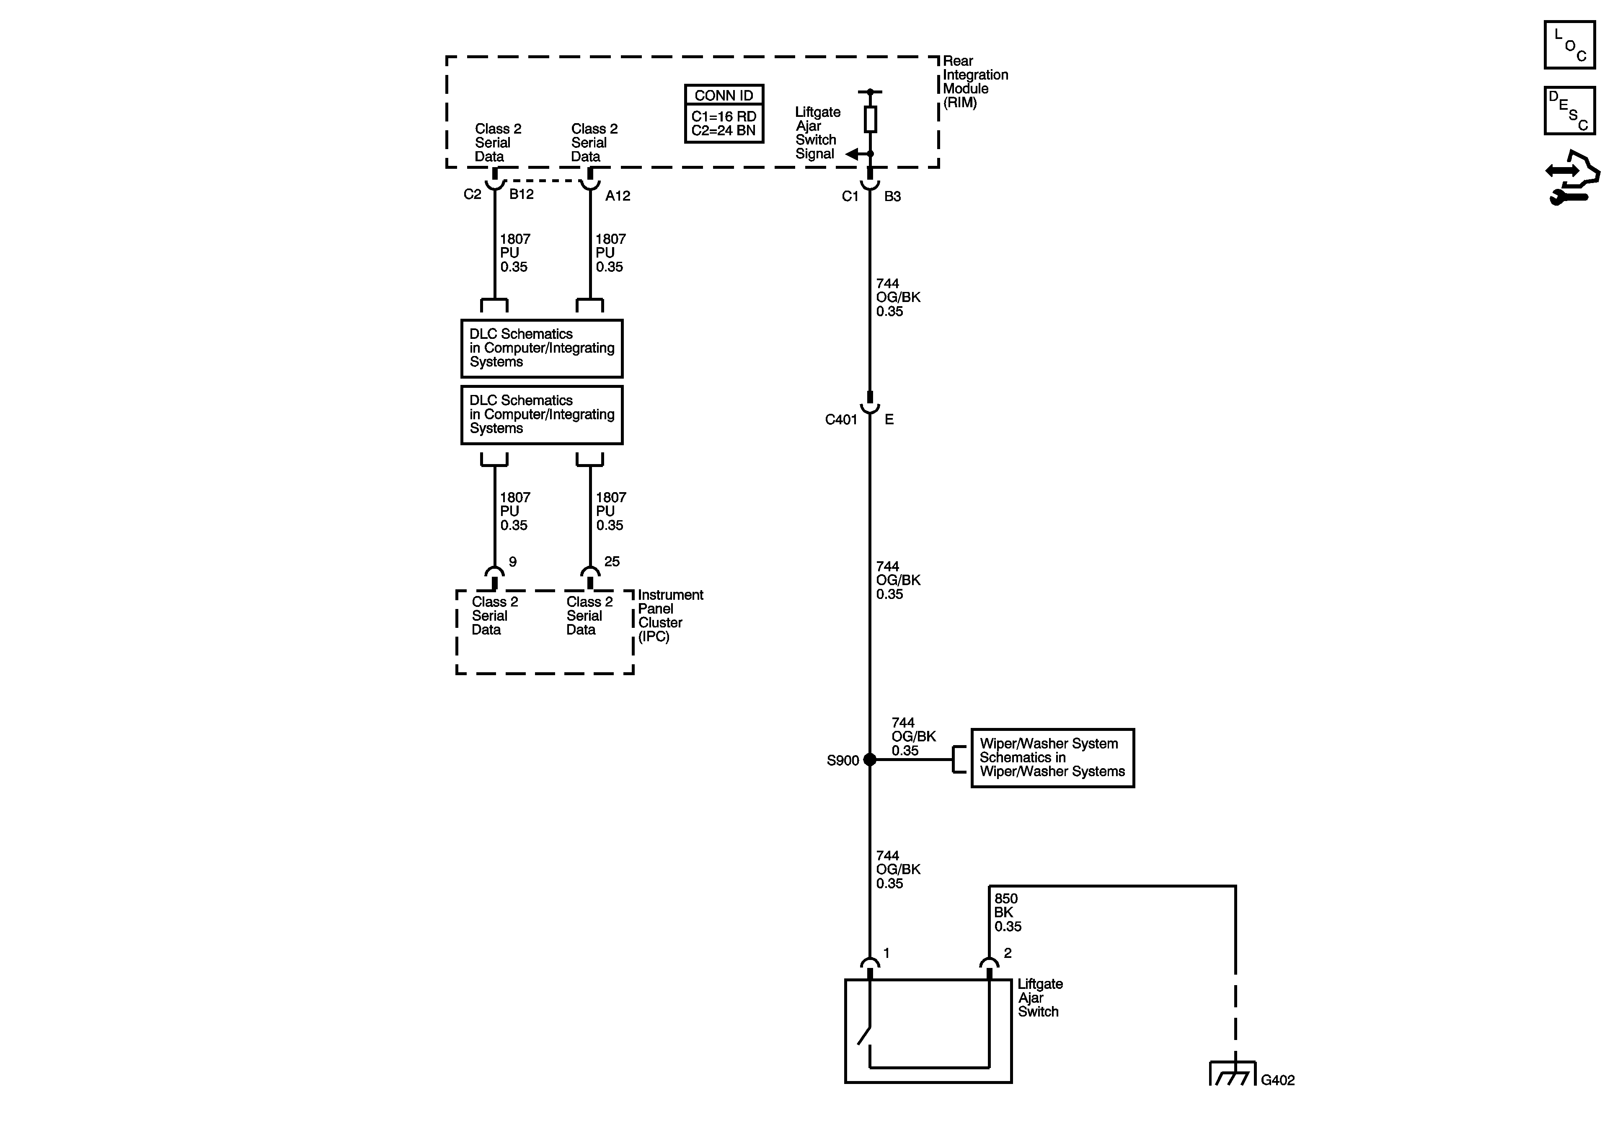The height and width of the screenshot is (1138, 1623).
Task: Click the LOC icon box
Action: point(1569,45)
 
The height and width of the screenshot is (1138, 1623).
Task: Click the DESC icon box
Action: point(1569,110)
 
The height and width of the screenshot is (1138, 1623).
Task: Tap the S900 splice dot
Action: point(870,760)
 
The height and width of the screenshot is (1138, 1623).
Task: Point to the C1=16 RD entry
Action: point(724,116)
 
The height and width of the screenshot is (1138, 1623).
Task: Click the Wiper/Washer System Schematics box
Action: point(1052,758)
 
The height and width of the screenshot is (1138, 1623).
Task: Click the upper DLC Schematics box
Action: point(541,348)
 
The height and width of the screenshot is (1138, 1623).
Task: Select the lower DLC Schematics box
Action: point(541,415)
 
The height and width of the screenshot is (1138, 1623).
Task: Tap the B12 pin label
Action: point(522,194)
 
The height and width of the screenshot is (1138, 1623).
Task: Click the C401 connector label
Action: point(841,420)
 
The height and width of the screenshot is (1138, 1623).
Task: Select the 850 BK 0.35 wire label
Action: point(1007,913)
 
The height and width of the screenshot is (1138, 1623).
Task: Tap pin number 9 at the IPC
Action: point(512,562)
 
